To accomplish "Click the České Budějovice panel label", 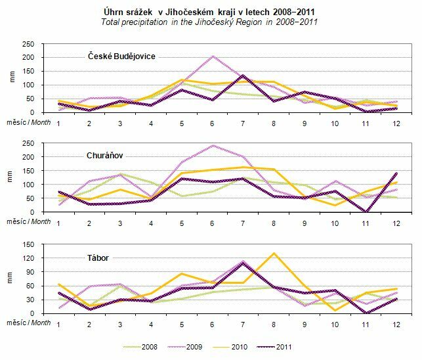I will tap(123, 56).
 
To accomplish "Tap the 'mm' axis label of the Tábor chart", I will tap(8, 280).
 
